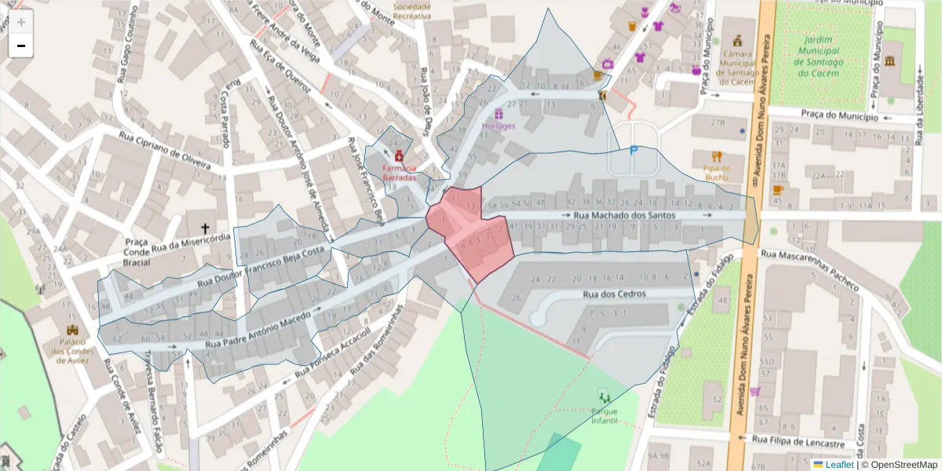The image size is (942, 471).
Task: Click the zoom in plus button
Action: [21, 22]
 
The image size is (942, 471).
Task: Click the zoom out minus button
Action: [21, 46]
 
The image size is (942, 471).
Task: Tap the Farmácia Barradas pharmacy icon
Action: [399, 155]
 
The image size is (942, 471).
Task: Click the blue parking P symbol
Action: [633, 151]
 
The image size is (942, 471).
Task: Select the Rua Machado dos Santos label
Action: [624, 214]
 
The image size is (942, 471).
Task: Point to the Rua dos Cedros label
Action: [614, 294]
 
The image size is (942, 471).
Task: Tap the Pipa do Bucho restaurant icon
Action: [716, 156]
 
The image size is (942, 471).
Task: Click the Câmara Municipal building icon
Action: [737, 41]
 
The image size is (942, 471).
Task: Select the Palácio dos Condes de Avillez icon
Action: [75, 330]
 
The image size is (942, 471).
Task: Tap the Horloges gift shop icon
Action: [498, 114]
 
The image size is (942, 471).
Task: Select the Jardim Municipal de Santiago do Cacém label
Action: [824, 55]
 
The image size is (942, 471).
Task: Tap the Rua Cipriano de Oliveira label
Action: [165, 149]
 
